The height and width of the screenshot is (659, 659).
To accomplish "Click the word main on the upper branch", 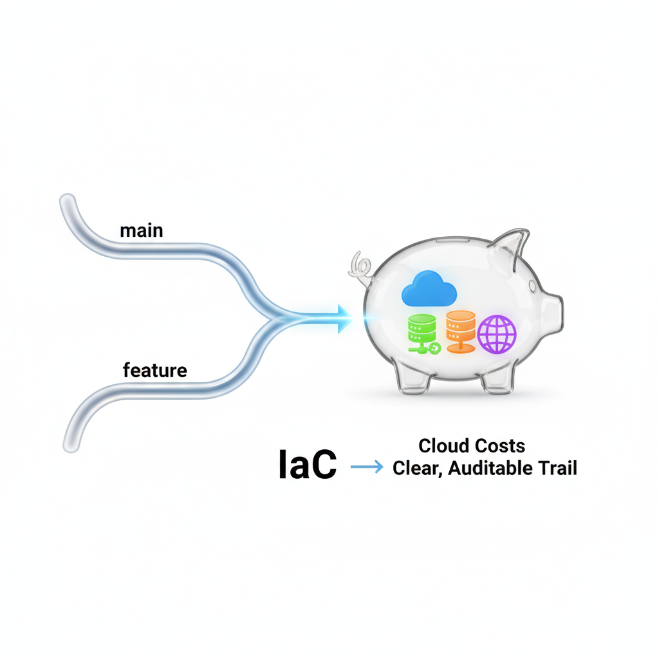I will [x=141, y=230].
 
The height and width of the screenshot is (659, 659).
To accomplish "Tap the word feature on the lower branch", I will [x=154, y=371].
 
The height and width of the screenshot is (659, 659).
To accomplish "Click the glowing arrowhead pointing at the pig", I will [x=341, y=316].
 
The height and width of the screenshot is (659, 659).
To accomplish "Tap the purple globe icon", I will [x=497, y=333].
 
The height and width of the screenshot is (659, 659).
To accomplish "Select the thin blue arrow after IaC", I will [x=367, y=468].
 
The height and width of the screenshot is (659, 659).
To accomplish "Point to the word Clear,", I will [x=418, y=469].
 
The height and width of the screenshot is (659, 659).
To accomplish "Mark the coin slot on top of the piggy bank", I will [x=450, y=241].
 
